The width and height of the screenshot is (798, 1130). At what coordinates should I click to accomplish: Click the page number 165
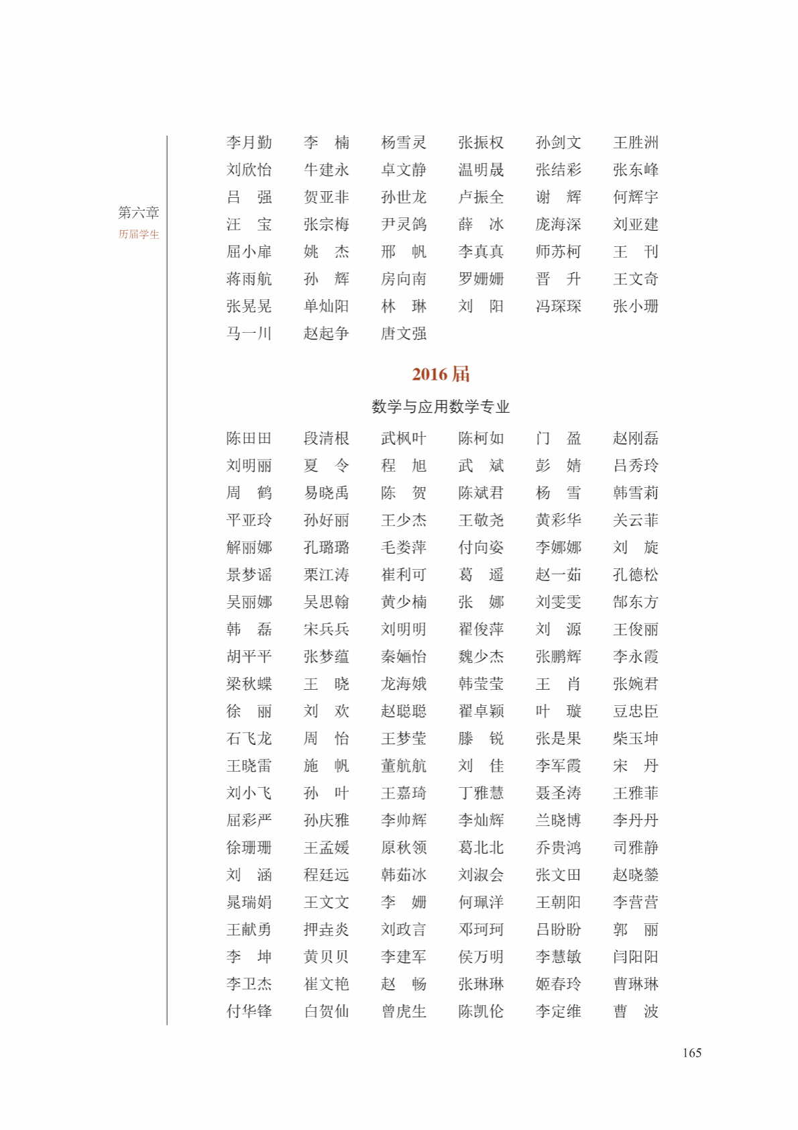[691, 1053]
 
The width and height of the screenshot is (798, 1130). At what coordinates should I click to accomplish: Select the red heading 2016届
[441, 374]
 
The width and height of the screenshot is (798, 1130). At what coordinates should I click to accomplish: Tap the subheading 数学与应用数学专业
[441, 407]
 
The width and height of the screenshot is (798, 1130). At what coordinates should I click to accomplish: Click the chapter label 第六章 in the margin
[139, 213]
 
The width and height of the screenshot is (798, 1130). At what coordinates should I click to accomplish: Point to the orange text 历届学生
[139, 234]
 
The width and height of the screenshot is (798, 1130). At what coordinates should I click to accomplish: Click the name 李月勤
[249, 142]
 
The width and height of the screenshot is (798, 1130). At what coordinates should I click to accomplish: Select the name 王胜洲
[635, 142]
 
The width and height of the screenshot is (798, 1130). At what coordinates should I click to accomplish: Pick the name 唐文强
[403, 333]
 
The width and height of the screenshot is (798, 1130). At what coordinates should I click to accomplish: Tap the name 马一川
[249, 333]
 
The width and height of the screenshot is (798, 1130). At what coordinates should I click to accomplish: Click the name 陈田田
[249, 438]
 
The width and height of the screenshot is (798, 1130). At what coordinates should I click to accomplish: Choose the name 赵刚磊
[635, 438]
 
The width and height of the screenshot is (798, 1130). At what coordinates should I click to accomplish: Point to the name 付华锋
[249, 1011]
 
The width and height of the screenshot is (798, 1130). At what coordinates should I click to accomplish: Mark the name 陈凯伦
[481, 1011]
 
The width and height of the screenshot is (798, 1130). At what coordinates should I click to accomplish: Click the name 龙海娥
[403, 684]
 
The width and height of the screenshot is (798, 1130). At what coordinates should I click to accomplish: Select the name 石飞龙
[249, 739]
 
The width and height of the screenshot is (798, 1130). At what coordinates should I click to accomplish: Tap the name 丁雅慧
[481, 793]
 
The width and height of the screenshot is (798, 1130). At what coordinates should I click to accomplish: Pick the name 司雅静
[635, 847]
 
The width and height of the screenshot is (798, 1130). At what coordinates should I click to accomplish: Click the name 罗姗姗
[481, 279]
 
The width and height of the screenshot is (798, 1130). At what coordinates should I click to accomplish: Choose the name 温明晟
[481, 170]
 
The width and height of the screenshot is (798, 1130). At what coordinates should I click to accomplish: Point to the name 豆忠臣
[635, 711]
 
